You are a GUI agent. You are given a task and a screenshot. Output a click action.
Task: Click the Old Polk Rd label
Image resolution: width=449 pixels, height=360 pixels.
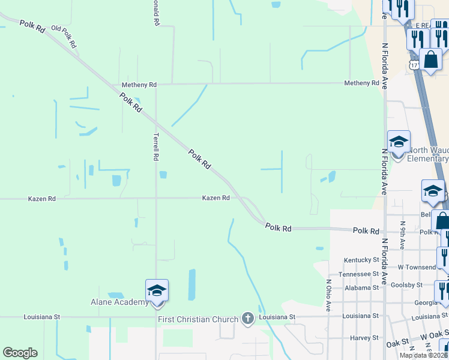point(64,37)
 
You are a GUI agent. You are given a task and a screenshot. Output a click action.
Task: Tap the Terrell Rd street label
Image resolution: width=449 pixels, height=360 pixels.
point(155,146)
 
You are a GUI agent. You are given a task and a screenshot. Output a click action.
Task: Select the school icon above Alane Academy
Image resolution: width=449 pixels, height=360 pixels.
point(157,291)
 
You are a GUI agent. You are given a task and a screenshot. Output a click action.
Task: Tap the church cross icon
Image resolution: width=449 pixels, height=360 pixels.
point(247,319)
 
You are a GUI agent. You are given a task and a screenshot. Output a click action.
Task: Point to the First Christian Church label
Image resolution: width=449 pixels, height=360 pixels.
point(198,319)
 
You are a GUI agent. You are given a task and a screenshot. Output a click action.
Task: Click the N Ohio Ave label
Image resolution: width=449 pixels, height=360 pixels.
point(328,295)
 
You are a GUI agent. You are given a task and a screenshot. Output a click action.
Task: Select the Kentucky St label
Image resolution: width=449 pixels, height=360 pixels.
point(361,260)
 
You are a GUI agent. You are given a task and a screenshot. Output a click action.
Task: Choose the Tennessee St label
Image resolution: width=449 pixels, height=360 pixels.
point(359,274)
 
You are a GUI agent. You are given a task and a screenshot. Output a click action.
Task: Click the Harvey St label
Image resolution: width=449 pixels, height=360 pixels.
point(364,338)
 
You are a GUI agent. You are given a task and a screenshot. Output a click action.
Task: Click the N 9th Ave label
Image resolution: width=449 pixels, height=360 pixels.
point(402,235)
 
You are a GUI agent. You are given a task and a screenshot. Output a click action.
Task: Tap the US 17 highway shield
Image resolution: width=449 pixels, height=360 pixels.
point(414,64)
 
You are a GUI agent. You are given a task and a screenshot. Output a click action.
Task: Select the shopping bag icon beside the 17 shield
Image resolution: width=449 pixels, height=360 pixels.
point(431,60)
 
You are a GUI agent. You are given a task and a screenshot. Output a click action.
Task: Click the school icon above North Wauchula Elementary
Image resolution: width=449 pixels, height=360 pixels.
point(399,143)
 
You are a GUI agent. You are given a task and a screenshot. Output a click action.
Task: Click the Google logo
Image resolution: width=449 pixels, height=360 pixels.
point(20,353)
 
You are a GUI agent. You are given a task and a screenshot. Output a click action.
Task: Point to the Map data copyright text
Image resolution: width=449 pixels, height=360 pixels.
point(424,355)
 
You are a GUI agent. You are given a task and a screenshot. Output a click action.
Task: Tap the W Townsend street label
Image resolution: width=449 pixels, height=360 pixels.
point(417,267)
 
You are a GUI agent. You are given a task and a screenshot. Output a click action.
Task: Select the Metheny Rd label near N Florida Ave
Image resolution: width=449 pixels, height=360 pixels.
point(361,83)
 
